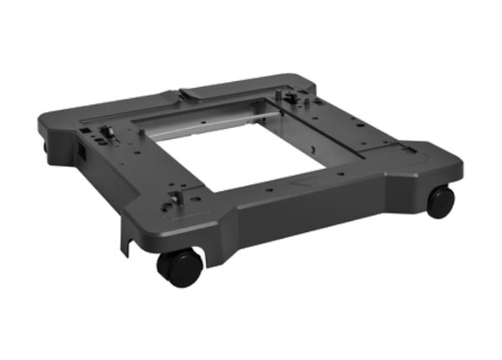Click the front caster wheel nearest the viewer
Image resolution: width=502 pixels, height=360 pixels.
click(x=181, y=266)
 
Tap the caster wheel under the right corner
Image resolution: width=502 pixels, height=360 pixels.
click(x=440, y=201)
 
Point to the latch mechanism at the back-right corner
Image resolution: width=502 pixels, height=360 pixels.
click(x=292, y=98)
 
